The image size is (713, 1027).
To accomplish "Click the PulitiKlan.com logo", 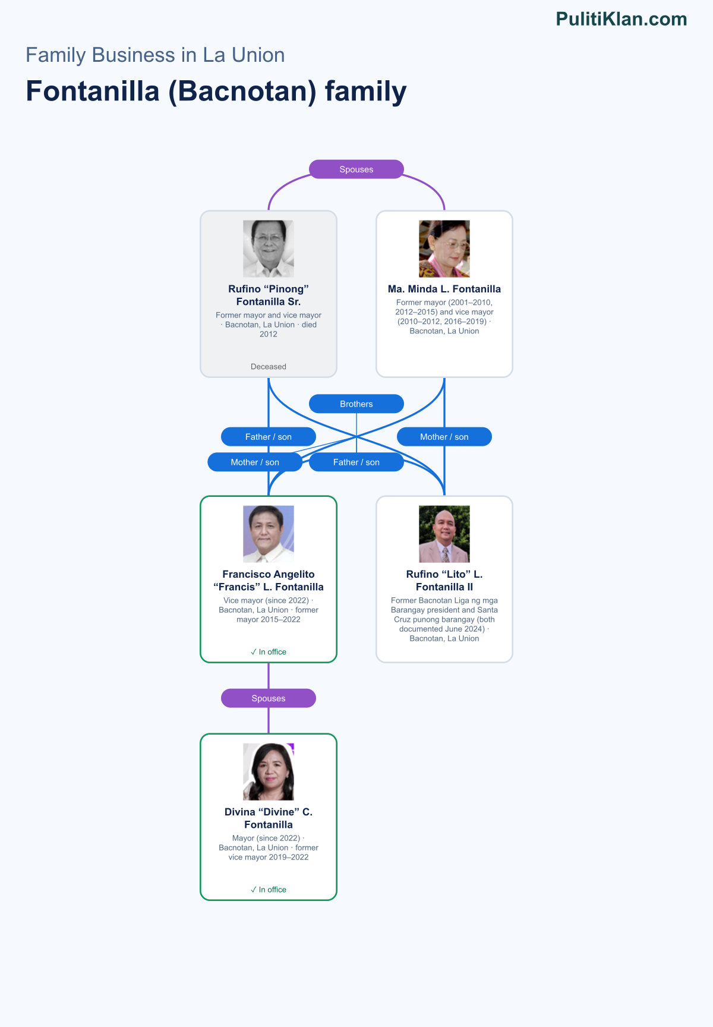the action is tap(621, 19).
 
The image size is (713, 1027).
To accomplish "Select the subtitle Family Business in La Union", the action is tap(155, 55).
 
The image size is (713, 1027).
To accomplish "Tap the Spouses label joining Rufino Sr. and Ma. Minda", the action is tap(356, 169).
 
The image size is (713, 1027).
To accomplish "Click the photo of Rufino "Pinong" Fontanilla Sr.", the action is tap(269, 249).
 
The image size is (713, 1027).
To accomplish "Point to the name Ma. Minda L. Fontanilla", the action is tap(444, 289).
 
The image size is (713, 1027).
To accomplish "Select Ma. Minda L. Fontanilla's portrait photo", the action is tap(444, 249).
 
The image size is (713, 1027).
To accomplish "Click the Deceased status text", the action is tap(269, 367).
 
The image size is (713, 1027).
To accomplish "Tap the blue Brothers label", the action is tap(356, 404).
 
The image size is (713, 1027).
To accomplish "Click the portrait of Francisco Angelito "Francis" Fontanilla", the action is tap(269, 534).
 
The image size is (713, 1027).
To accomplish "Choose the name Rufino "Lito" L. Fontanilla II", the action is tap(444, 581).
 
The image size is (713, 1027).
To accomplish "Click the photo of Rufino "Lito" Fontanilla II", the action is tap(444, 534).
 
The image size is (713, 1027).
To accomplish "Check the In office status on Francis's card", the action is tap(269, 652).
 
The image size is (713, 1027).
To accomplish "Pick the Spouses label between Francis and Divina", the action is tap(269, 698).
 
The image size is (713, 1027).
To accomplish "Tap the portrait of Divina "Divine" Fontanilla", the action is tap(269, 772).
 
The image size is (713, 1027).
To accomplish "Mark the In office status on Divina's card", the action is tap(269, 890).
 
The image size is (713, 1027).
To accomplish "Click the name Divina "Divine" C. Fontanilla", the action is tap(269, 818).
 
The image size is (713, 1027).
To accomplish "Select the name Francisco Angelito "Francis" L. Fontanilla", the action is tap(269, 581).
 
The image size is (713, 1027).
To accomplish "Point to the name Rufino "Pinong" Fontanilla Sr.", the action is tap(269, 295).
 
